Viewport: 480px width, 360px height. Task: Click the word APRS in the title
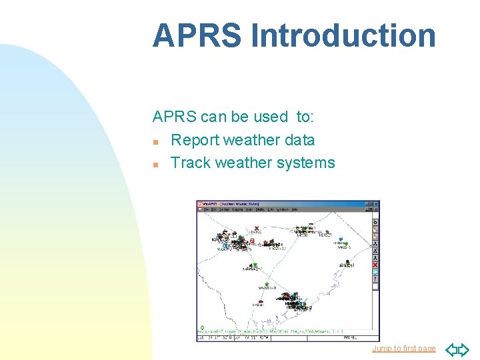(x=197, y=36)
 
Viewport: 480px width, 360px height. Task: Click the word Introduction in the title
(x=343, y=36)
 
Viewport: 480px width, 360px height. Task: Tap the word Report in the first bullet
(x=195, y=140)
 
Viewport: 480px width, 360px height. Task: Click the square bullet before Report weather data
(x=155, y=141)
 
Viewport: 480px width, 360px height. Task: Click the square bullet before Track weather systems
(x=155, y=164)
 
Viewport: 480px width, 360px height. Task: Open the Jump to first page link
(x=403, y=349)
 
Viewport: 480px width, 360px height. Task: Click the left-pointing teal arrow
(x=451, y=349)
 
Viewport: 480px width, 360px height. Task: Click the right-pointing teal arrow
(x=464, y=349)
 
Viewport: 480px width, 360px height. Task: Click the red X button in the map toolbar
(x=375, y=265)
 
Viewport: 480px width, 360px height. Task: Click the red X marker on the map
(x=257, y=228)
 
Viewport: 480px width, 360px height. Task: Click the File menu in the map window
(x=207, y=209)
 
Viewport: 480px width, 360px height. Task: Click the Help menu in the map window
(x=294, y=209)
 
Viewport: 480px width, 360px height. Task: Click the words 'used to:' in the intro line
(x=294, y=117)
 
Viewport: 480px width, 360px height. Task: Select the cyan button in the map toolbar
(x=375, y=272)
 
